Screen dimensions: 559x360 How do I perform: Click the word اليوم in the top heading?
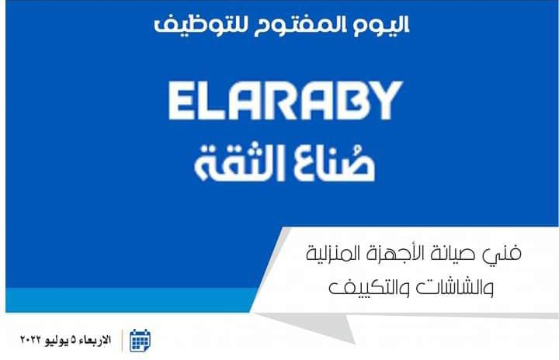pyautogui.click(x=381, y=25)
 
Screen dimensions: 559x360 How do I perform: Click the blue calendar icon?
pyautogui.click(x=140, y=341)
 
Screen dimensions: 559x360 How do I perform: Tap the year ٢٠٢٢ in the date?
pyautogui.click(x=31, y=340)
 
